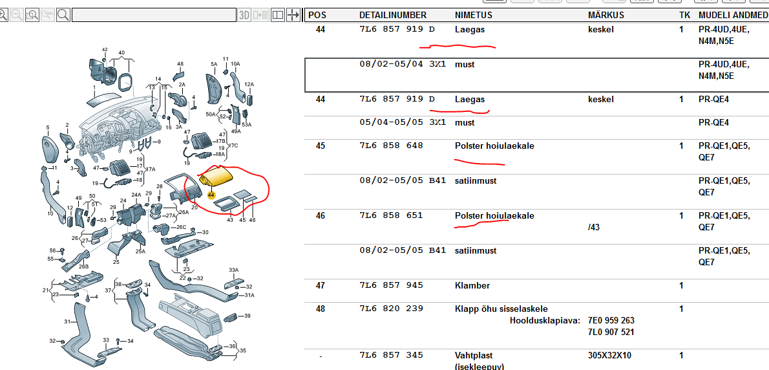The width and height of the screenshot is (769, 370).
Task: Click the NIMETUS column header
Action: [473, 16]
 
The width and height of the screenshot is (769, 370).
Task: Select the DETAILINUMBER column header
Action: [393, 16]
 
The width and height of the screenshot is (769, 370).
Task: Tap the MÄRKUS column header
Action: [606, 16]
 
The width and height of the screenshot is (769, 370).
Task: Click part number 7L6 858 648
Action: [391, 146]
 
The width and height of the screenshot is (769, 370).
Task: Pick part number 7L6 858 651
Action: [391, 215]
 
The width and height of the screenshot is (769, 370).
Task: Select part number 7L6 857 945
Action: [391, 285]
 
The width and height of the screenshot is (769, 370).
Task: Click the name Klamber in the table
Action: [472, 285]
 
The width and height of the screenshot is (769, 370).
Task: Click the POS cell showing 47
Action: [321, 285]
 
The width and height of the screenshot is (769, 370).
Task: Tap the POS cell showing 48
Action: [321, 309]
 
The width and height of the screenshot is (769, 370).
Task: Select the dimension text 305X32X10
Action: [609, 355]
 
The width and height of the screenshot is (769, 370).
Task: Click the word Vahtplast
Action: [474, 355]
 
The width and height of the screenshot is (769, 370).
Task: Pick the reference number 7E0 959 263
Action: [611, 320]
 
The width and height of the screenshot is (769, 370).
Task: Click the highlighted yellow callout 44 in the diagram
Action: [211, 195]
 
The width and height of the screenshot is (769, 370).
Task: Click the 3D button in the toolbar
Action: [244, 15]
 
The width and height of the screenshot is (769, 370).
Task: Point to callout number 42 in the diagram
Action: [105, 50]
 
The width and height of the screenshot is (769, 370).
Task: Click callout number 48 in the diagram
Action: [180, 64]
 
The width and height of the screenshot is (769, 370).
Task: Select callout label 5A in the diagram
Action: [214, 64]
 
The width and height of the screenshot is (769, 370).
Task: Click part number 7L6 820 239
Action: [391, 309]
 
